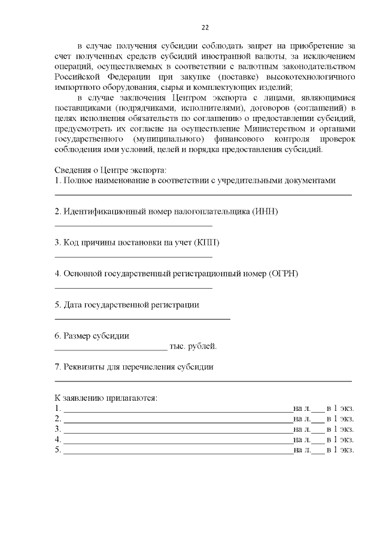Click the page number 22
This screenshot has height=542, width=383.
coord(205,28)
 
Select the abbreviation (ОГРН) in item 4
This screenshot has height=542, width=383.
coord(284,274)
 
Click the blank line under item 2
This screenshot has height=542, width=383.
coord(133,226)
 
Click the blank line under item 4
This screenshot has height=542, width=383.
coord(133,288)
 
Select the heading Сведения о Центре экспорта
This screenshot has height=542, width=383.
coord(111,169)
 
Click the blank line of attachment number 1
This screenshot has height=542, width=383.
coord(178,411)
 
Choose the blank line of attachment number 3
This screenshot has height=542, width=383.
coord(178,431)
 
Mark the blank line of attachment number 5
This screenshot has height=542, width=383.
coord(178,452)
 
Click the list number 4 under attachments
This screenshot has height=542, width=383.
coord(57,439)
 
